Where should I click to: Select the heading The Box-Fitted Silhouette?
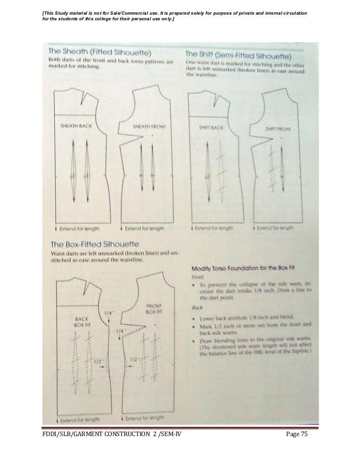coord(95,245)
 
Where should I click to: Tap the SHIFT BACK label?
coord(211,128)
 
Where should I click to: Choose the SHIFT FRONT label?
coord(278,129)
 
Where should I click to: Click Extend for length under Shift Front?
coord(273,228)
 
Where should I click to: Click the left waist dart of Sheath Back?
coord(74,169)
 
